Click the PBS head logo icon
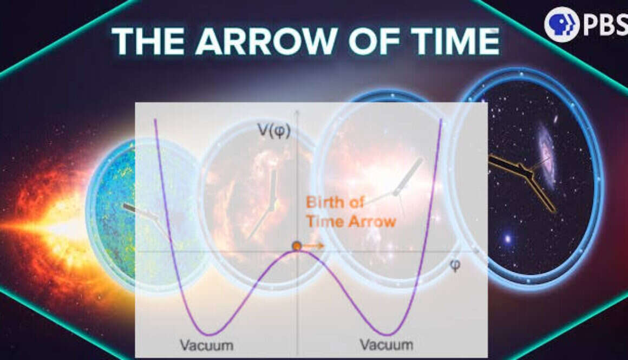[562, 24]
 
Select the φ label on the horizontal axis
[455, 265]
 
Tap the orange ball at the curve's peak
[296, 246]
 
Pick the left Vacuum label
[207, 345]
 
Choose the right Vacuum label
[387, 344]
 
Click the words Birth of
[335, 202]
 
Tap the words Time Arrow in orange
[351, 221]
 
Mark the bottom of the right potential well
[386, 334]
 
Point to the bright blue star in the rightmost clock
[508, 239]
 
